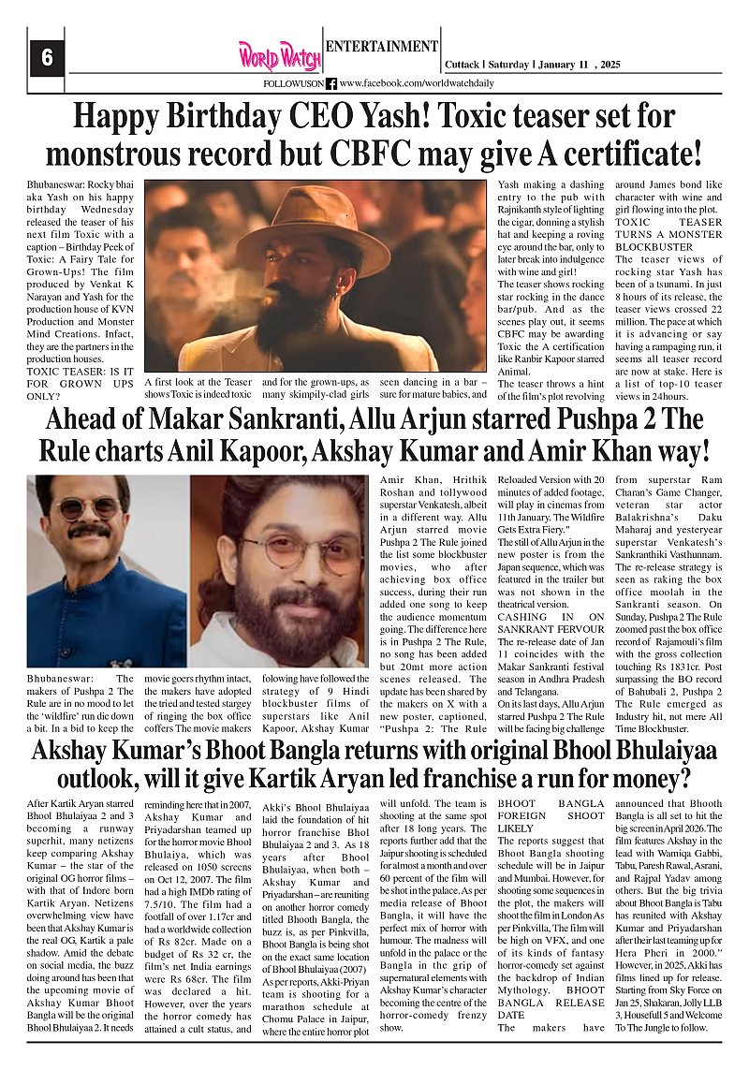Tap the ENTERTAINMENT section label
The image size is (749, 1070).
point(381,46)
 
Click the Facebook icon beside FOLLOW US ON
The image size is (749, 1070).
point(330,83)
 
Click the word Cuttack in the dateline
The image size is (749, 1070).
point(461,65)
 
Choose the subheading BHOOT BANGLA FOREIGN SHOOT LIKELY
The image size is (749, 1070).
point(551,815)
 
